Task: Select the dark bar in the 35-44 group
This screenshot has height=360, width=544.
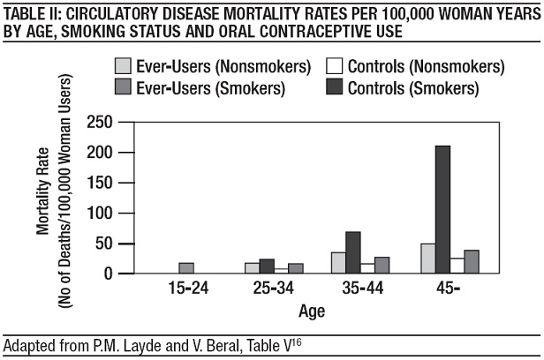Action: click(x=353, y=252)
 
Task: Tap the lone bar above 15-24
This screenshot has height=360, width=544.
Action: click(x=186, y=268)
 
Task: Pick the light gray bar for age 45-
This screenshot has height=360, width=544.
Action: click(x=428, y=258)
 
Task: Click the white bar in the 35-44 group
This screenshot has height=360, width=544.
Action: click(x=367, y=268)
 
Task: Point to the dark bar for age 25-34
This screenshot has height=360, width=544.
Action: click(x=267, y=266)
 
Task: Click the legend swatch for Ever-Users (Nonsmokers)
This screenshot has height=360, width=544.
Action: click(x=125, y=66)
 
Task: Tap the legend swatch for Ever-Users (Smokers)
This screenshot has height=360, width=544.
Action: click(x=125, y=88)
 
